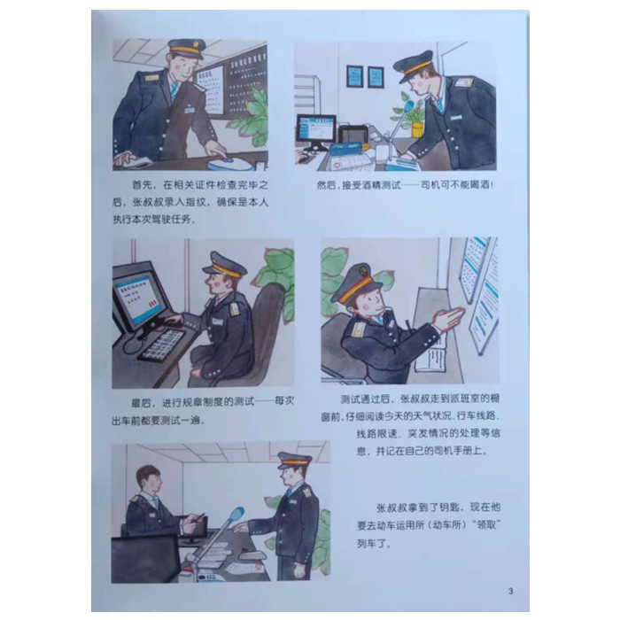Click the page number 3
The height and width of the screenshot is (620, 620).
(510, 591)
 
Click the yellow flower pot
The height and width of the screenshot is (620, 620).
(417, 129)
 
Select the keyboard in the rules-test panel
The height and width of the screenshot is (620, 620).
(162, 345)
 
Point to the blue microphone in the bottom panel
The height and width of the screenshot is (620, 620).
(236, 515)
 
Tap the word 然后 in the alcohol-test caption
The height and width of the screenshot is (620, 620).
(326, 184)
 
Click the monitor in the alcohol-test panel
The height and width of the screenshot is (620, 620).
(316, 129)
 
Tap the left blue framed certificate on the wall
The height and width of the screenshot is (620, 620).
(354, 76)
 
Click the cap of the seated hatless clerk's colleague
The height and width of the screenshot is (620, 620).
(295, 461)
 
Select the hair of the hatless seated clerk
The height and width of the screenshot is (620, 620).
(147, 473)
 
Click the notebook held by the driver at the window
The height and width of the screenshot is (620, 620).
(431, 353)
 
